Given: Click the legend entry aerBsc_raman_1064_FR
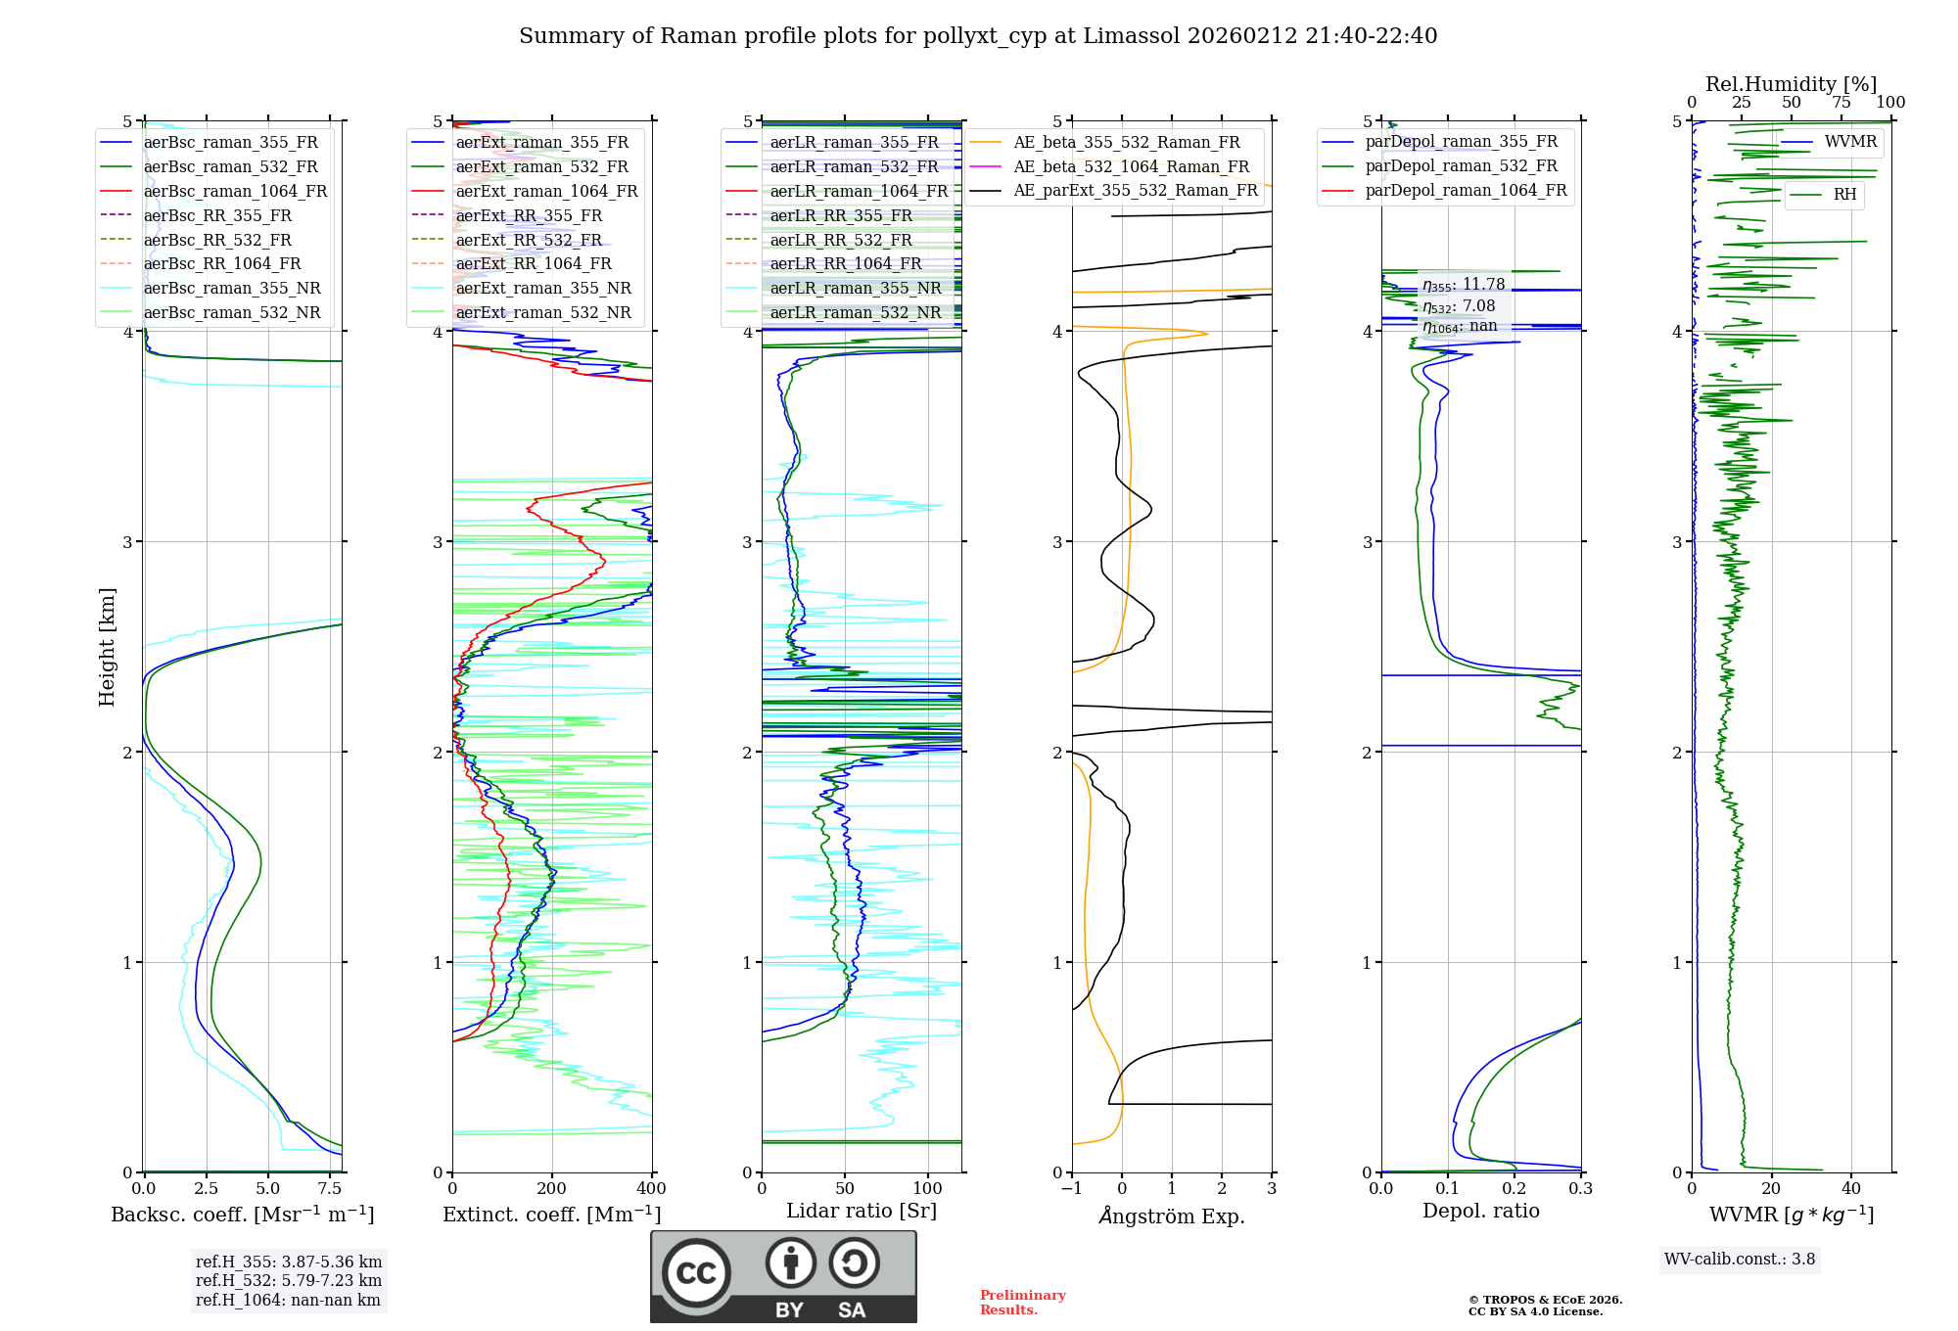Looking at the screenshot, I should click(235, 191).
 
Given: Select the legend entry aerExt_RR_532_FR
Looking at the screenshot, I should click(529, 240).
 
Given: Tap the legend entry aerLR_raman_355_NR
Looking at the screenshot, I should click(855, 288).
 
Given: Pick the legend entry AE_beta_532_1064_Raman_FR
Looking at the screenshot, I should click(1131, 166).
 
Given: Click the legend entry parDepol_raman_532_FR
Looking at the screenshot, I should click(1461, 166).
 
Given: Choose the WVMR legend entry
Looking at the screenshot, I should click(1849, 142).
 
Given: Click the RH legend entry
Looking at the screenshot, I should click(1844, 195).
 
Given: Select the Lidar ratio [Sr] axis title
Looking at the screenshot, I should click(862, 1211).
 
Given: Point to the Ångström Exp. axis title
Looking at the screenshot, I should click(1172, 1216).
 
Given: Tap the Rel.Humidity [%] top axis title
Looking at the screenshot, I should click(1791, 84).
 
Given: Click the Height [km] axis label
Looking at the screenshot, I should click(107, 647).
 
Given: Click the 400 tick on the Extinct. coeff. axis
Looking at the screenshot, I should click(651, 1189).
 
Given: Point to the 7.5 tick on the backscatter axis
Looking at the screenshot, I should click(330, 1189).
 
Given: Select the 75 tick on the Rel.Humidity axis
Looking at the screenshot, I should click(1841, 103).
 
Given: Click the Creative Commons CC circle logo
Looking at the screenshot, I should click(696, 1273).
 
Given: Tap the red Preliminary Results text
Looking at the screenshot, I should click(1022, 1303).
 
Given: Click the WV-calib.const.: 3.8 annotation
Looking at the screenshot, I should click(1739, 1260).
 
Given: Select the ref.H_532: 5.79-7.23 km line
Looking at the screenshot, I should click(289, 1280).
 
